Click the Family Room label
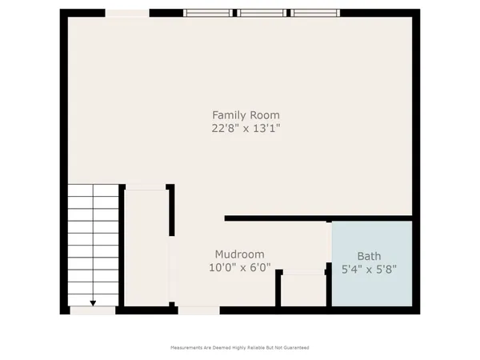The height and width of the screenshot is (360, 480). (246, 114)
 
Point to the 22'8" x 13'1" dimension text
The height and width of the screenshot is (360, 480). (246, 127)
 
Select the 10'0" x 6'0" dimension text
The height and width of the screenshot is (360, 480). (240, 268)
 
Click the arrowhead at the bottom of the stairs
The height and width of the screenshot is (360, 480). (93, 302)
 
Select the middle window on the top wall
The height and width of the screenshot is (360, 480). (262, 12)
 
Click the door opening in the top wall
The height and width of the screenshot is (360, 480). (127, 12)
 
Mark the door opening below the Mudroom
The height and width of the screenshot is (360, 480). (198, 309)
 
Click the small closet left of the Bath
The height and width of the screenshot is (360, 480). (302, 290)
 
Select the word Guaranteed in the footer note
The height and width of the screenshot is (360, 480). (295, 348)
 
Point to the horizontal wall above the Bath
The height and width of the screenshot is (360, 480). (320, 218)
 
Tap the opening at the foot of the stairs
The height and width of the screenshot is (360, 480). (92, 309)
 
